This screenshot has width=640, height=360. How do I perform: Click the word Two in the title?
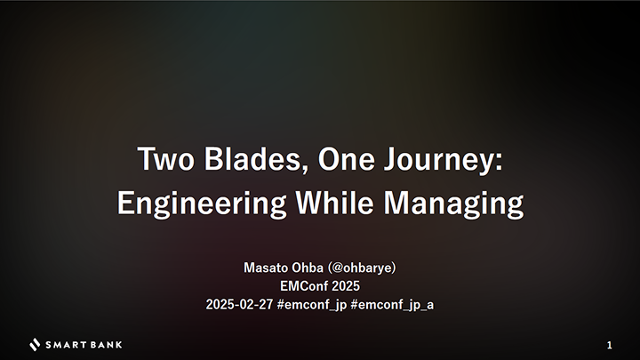165,159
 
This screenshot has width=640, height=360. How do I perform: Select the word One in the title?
346,159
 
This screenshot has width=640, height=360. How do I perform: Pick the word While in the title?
335,203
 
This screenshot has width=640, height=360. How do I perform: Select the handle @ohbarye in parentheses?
362,268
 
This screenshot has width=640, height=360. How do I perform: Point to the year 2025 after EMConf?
346,286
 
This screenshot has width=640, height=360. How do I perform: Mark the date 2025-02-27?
239,305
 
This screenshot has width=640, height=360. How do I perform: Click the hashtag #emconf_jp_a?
392,305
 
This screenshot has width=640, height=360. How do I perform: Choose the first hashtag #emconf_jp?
312,305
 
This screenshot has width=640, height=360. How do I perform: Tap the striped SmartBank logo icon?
35,345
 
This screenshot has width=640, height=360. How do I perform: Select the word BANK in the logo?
106,345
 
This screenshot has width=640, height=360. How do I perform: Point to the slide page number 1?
610,345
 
